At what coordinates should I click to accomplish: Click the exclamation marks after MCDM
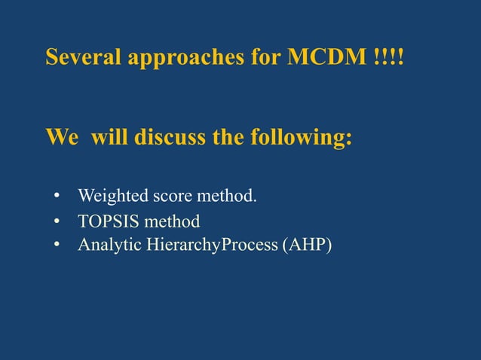click(389, 58)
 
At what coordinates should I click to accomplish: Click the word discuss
click(165, 139)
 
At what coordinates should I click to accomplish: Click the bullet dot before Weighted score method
click(57, 198)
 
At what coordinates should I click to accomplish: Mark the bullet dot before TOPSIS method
click(57, 222)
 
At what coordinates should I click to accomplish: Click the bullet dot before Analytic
click(57, 244)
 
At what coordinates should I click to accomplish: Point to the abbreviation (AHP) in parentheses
click(306, 244)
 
